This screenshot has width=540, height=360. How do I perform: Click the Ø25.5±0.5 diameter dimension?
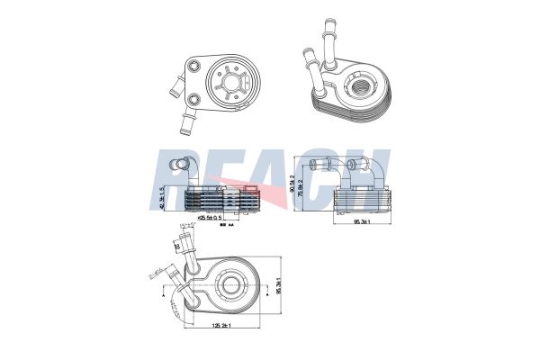click(x=211, y=218)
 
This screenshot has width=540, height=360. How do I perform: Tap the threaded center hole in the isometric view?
click(x=366, y=86)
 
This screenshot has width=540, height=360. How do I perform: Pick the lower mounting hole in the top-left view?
click(x=194, y=98)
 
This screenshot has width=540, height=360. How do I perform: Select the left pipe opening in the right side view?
click(x=315, y=164)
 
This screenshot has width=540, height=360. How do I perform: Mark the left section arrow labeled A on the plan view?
click(x=163, y=293)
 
